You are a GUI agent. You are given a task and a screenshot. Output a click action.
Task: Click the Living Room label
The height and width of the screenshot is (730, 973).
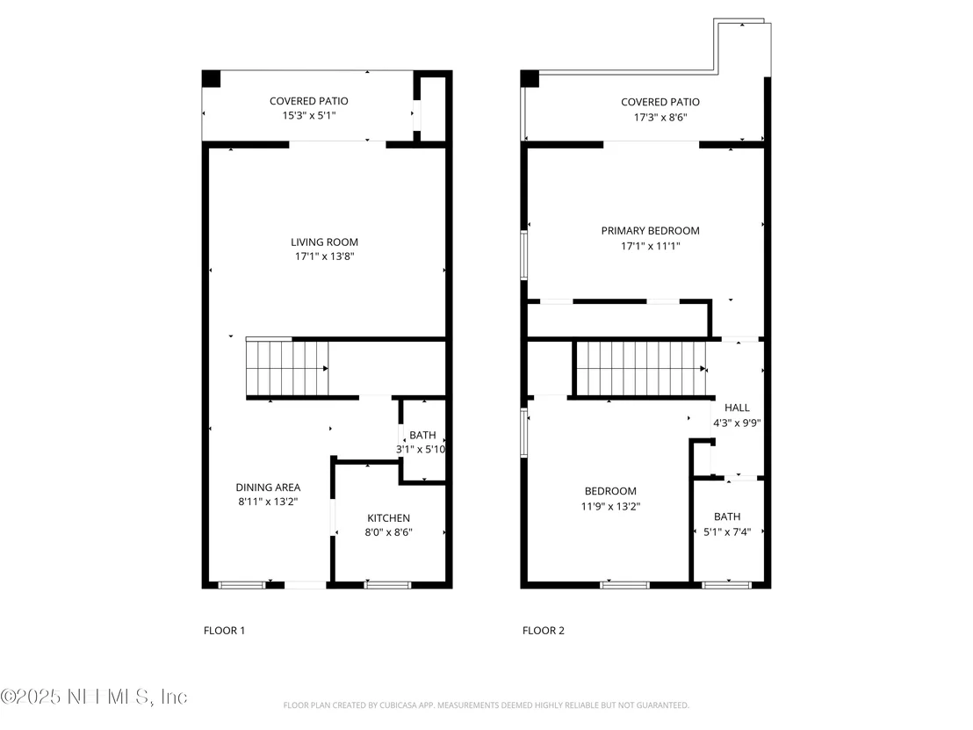325,242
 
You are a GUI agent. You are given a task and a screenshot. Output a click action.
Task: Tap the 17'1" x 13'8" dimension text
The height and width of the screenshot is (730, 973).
325,257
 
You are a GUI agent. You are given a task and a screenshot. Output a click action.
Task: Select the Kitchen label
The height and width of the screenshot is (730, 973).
388,517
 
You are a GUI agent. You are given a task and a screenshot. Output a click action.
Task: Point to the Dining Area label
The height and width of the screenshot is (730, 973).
268,488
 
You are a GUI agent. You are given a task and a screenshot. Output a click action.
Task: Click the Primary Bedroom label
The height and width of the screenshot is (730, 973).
651,230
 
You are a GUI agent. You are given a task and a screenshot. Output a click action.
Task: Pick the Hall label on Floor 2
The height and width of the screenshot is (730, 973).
737,408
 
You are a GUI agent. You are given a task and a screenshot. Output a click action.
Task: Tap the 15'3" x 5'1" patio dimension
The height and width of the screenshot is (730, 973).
309,115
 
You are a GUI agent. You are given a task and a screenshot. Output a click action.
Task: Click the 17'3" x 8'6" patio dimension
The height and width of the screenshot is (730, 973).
660,118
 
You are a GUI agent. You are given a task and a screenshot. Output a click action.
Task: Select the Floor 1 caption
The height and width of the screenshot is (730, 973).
225,631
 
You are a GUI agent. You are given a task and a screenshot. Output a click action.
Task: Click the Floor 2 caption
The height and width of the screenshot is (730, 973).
544,631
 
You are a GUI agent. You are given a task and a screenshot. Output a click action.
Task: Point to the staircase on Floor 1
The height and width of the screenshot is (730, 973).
287,368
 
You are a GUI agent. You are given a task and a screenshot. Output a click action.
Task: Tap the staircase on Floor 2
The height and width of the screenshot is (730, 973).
641,369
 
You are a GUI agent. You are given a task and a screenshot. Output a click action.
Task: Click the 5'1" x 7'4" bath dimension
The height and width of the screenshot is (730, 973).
727,532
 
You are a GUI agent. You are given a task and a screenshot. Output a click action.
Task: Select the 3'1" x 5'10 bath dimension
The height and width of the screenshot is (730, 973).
421,450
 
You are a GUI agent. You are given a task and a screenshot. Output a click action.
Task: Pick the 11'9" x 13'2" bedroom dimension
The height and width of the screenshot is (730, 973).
610,507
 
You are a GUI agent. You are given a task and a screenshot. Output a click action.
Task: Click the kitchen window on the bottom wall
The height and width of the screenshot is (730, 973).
388,585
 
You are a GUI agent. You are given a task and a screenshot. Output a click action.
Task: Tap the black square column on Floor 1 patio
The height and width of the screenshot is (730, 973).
211,79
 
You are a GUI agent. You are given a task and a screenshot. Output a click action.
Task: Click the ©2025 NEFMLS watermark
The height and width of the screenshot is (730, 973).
94,697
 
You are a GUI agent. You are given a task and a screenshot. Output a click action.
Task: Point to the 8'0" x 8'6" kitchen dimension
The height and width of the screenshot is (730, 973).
388,532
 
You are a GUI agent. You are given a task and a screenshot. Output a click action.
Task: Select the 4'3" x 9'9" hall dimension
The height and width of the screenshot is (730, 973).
737,423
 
